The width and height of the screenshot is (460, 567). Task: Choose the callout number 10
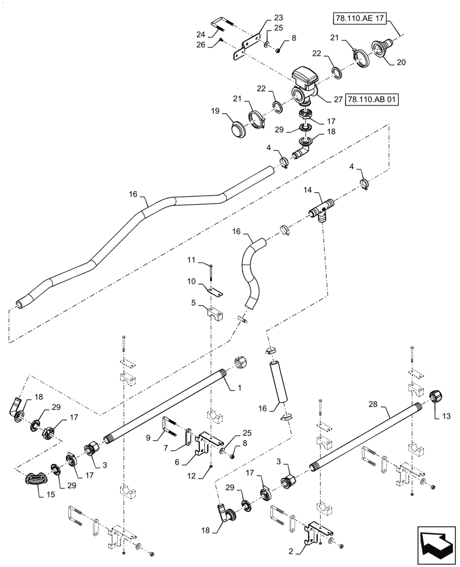coord(191,281)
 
